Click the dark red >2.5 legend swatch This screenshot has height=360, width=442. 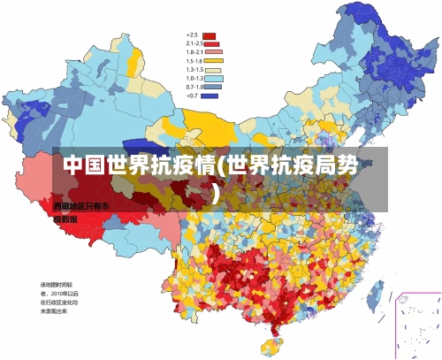[210, 36]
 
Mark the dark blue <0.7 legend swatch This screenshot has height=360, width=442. [210, 95]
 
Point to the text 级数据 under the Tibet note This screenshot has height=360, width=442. [65, 218]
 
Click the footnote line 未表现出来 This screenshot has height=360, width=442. [56, 310]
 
